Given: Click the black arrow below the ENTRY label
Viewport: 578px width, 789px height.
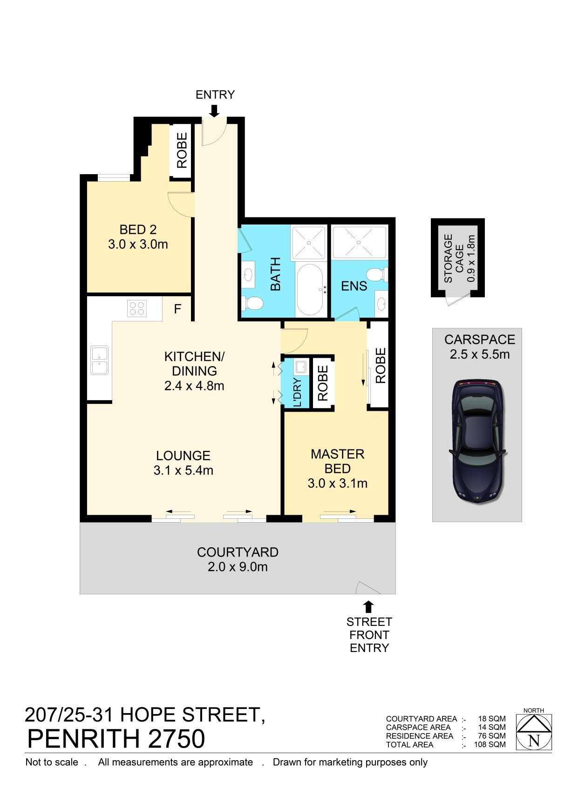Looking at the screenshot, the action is tap(214, 111).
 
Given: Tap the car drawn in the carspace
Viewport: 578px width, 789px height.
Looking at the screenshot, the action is tap(477, 441).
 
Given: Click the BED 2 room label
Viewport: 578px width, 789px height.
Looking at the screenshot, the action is tap(138, 230).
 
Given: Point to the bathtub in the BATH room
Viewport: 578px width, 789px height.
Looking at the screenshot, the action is tap(310, 290).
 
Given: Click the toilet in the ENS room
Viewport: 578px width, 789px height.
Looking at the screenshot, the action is tap(376, 274).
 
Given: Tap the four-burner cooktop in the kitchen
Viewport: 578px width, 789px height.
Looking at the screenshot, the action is tap(136, 308).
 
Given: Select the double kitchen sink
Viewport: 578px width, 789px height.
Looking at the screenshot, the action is tap(99, 360).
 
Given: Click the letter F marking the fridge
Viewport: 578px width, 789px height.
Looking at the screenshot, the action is tap(177, 309).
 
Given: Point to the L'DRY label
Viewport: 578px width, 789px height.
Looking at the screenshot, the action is tap(297, 392).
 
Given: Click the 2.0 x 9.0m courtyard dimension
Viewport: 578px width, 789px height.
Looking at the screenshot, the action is tap(238, 567).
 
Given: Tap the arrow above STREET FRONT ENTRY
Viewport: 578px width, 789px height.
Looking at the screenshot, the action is tap(368, 607).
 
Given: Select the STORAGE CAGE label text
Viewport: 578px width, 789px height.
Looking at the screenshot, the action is tap(453, 258).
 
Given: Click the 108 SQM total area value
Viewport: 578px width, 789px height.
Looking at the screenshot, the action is tap(490, 745).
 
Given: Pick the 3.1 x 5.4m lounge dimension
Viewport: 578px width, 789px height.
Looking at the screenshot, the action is tap(183, 470).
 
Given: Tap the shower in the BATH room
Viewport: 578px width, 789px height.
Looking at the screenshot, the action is tap(309, 243).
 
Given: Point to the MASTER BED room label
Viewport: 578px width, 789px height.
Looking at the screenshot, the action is tap(337, 461).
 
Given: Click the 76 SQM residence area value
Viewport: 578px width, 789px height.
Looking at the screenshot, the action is tap(492, 736).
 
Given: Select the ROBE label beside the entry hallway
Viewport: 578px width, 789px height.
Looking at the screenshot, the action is tap(182, 150).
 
